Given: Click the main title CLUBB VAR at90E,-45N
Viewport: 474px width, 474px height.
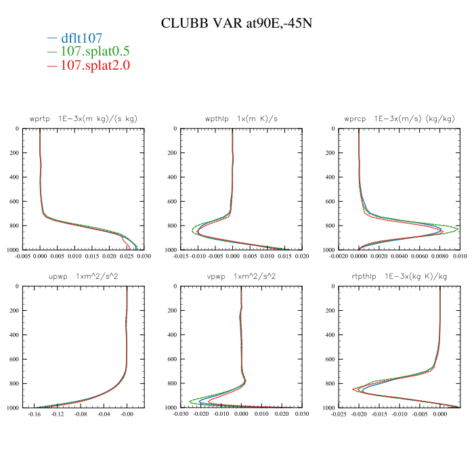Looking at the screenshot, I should point(236,23).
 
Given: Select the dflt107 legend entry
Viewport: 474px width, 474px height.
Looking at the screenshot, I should point(81,39).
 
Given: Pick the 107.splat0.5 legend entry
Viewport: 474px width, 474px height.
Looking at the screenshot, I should point(94,52).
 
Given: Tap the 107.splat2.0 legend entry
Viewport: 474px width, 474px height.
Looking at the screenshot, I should point(94,66).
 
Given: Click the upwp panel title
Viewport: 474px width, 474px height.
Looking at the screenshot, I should point(83,276).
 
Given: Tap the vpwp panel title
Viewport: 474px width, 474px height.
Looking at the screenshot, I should point(241,276).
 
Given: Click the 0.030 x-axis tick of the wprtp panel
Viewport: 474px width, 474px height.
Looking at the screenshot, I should point(144,257).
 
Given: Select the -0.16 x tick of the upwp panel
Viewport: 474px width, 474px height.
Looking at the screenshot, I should point(34,414).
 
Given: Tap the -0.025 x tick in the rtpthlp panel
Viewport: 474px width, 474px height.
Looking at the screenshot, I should point(339,414).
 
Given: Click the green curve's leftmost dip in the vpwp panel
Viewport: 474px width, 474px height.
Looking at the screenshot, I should point(190,400).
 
